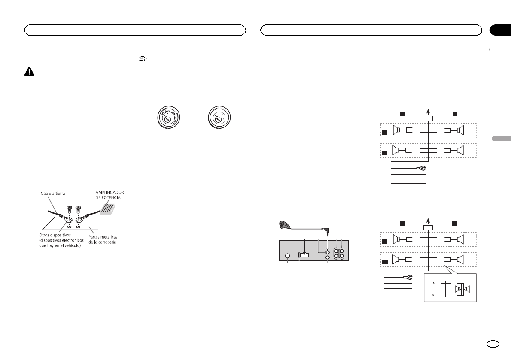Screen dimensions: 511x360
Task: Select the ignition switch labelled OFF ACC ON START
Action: (167, 116)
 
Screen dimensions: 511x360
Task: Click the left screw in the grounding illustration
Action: (69, 210)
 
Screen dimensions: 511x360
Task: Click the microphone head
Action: (283, 224)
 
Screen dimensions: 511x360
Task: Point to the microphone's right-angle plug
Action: (327, 230)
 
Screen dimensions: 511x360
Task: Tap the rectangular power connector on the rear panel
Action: (303, 254)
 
